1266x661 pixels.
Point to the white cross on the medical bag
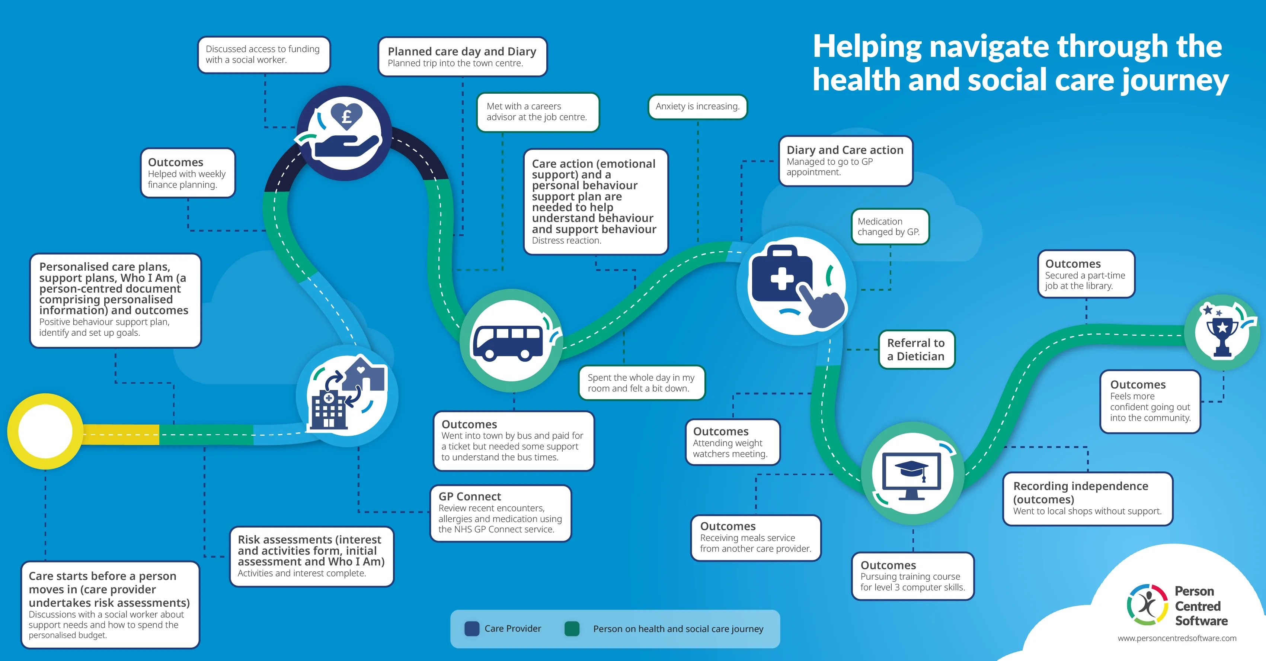point(781,278)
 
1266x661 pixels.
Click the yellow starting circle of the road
point(45,431)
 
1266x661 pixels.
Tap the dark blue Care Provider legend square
point(472,629)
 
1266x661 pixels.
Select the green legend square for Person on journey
point(572,629)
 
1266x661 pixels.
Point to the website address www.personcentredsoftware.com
point(1177,638)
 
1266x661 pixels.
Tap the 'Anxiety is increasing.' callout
point(697,107)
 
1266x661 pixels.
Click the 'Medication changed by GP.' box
point(889,226)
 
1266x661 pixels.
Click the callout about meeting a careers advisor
point(537,112)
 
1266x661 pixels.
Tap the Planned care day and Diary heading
point(461,51)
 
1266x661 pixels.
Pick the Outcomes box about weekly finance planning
point(187,173)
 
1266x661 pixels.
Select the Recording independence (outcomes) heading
point(1080,492)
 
